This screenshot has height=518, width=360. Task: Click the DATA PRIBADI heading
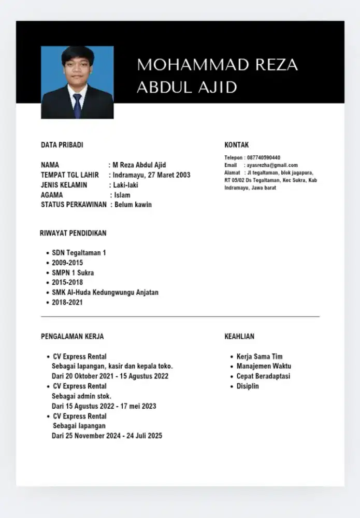(x=62, y=145)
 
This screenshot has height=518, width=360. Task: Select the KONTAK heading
(x=237, y=145)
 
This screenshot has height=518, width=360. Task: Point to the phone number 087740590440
(x=264, y=157)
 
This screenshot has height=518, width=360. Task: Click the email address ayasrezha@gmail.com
(x=272, y=165)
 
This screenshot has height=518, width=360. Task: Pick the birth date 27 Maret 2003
(x=165, y=175)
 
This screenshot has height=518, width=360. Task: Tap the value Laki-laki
(x=125, y=185)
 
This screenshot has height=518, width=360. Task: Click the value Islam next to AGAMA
(x=122, y=195)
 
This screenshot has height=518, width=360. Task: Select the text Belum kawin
(x=133, y=205)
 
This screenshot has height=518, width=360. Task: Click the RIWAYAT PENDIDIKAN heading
(x=73, y=233)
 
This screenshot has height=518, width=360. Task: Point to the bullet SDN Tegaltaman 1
(x=79, y=253)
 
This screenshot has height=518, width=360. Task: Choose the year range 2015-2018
(x=67, y=282)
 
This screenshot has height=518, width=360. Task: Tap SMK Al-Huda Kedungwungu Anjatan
(x=105, y=292)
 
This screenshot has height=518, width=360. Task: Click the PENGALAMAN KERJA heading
(x=73, y=337)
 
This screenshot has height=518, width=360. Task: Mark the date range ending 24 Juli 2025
(x=107, y=436)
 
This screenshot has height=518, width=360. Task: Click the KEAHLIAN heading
(x=239, y=337)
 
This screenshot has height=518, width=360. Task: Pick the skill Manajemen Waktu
(x=264, y=366)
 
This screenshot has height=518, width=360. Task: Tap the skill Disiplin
(x=248, y=386)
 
